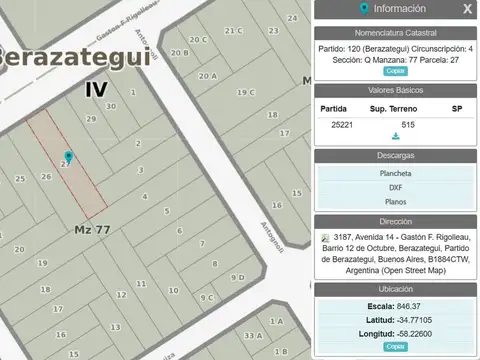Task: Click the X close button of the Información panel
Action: (x=467, y=9)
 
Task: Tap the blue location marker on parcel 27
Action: (x=68, y=158)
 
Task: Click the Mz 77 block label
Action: (x=93, y=229)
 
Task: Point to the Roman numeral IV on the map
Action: (x=96, y=88)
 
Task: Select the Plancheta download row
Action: (x=395, y=173)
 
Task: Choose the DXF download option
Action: (x=395, y=187)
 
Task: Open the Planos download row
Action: (x=395, y=201)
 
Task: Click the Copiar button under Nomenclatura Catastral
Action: (x=395, y=71)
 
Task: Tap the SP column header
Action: (x=457, y=108)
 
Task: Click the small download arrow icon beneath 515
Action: (x=396, y=136)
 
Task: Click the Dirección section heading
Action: (x=395, y=222)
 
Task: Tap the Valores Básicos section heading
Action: (x=395, y=90)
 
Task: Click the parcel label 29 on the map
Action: (x=90, y=119)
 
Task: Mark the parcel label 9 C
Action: (x=207, y=297)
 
